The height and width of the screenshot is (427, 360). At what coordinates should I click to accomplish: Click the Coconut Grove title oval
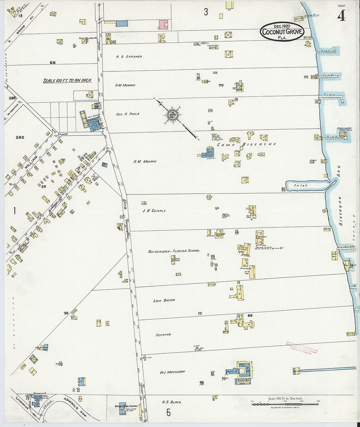click(x=282, y=32)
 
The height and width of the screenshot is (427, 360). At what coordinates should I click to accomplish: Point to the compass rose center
click(x=172, y=115)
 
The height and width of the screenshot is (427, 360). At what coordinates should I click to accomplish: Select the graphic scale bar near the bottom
click(x=285, y=404)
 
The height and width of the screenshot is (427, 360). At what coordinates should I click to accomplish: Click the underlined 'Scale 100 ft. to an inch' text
click(x=67, y=80)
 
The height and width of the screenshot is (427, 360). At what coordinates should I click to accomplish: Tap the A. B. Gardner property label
click(x=129, y=57)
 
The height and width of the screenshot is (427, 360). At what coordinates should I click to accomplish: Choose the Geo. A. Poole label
click(x=128, y=114)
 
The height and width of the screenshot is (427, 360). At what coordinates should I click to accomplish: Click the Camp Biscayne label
click(x=246, y=144)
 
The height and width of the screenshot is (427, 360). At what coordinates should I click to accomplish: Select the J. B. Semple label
click(x=154, y=211)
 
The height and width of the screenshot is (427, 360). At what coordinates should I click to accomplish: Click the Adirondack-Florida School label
click(x=173, y=251)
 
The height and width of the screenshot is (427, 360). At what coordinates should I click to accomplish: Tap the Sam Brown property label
click(x=164, y=300)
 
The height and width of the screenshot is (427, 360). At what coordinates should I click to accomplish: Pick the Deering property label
click(x=163, y=335)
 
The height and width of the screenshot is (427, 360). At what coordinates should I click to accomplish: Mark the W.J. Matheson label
click(x=172, y=372)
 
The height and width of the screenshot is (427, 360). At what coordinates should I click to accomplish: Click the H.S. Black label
click(x=171, y=402)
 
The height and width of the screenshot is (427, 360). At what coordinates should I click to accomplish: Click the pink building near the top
click(x=163, y=25)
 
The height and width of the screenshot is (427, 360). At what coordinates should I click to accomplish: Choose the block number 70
click(x=221, y=85)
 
